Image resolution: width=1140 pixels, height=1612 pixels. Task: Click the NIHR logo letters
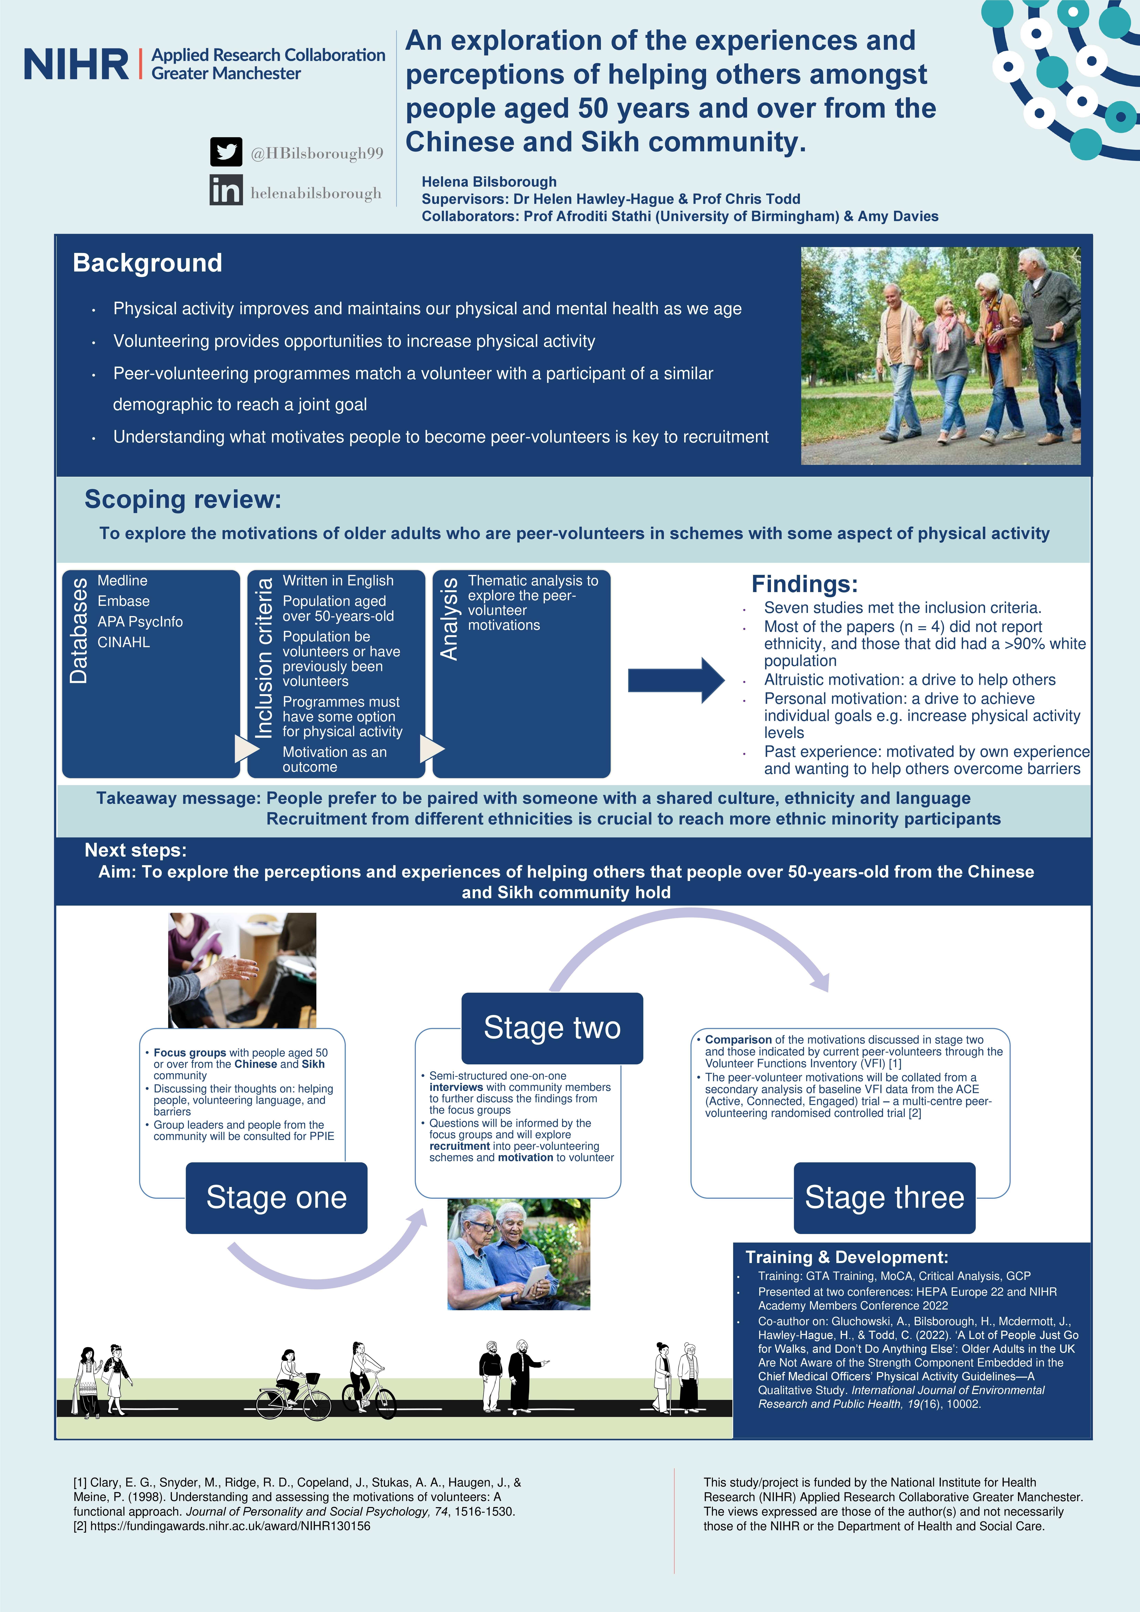tap(76, 65)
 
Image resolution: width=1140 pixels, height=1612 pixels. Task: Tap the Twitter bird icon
tap(226, 152)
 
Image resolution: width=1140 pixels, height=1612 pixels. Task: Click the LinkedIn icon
tap(226, 190)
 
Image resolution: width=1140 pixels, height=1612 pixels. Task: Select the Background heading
tap(147, 263)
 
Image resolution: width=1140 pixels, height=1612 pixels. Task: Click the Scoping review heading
tap(182, 499)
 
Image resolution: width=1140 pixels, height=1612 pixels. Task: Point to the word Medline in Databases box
tap(122, 581)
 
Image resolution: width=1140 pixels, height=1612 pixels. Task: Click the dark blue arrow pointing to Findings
tap(675, 680)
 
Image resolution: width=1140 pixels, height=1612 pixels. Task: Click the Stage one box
tap(277, 1197)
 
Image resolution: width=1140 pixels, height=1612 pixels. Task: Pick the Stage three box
tap(885, 1197)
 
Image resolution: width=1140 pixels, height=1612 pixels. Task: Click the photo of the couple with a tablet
tap(519, 1254)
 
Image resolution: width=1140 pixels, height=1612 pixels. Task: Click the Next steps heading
tap(135, 850)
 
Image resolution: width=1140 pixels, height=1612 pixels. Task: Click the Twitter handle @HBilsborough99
tap(317, 153)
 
